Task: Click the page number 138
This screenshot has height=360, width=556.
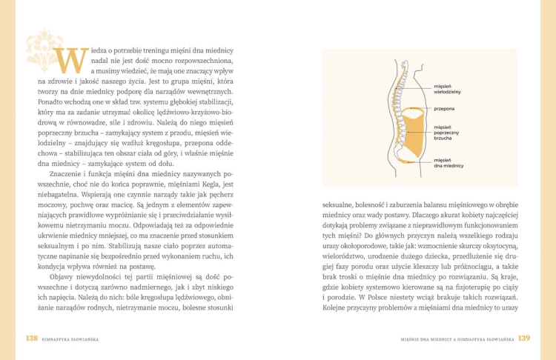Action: (x=32, y=338)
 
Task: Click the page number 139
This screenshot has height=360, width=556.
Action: (x=523, y=338)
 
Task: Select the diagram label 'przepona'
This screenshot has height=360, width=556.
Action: (x=445, y=109)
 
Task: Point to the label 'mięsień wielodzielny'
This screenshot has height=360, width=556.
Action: (x=448, y=90)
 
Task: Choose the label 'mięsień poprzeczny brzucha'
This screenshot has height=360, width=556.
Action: (x=447, y=133)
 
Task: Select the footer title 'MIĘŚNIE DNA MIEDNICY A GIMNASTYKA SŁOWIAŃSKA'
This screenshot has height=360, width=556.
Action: (x=457, y=339)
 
